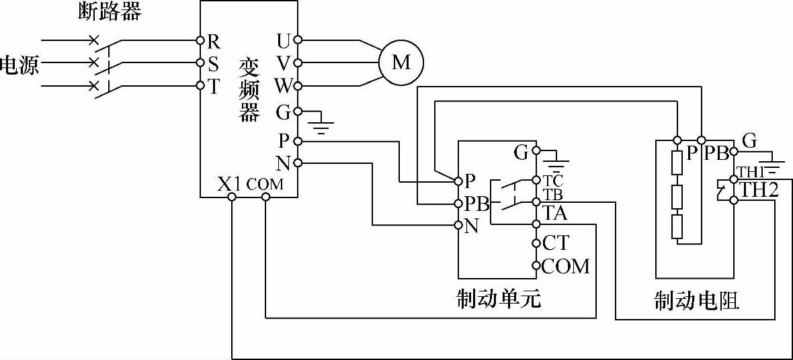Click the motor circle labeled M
click(401, 63)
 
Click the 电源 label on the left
click(19, 64)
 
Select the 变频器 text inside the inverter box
click(249, 90)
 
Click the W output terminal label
click(283, 87)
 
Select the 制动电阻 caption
click(696, 300)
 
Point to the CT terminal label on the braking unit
click(555, 242)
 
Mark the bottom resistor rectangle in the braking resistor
click(677, 227)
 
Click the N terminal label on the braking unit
click(471, 226)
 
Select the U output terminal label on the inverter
click(284, 42)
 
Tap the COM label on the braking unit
click(565, 266)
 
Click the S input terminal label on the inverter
click(213, 63)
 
